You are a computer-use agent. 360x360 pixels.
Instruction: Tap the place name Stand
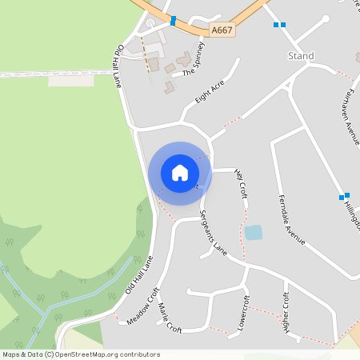click(301, 56)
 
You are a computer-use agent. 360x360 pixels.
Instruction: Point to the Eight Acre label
click(208, 93)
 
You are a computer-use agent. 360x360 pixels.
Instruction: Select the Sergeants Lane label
click(214, 234)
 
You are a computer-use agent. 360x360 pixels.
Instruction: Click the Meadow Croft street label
click(144, 307)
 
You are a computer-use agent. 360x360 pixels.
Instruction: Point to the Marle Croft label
click(170, 318)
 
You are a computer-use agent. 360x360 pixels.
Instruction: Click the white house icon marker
click(180, 173)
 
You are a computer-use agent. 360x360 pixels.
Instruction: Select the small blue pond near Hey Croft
click(253, 233)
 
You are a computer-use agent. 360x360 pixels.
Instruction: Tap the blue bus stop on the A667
click(173, 20)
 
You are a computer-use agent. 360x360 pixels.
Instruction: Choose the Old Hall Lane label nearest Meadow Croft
click(139, 276)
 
